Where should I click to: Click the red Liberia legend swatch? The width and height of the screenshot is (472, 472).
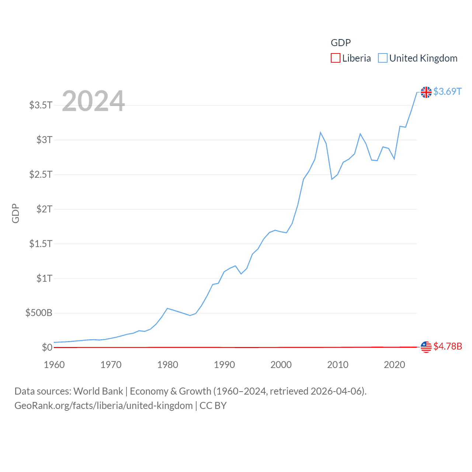click(335, 58)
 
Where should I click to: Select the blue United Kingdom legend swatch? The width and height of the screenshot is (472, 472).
click(383, 58)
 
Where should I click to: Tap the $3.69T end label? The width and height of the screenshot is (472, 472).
click(447, 91)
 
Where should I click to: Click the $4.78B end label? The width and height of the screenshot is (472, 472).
click(448, 346)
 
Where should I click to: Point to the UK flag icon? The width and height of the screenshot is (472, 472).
click(426, 92)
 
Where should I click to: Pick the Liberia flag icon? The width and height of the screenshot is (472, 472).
click(426, 347)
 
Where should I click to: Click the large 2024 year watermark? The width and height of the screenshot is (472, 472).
click(93, 101)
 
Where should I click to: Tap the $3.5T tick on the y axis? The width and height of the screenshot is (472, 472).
click(41, 105)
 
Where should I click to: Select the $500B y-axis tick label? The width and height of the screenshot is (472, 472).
click(39, 313)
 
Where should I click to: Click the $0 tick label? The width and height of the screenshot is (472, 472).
click(47, 347)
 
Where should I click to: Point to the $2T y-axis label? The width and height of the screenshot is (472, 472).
click(44, 209)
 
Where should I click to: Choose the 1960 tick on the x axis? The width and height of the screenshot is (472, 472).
click(54, 365)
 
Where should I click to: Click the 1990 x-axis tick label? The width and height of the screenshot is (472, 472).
click(224, 365)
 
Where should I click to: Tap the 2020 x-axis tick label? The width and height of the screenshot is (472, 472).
click(394, 365)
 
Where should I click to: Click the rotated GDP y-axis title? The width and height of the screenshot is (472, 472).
click(15, 213)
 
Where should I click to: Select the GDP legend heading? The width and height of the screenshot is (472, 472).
click(340, 43)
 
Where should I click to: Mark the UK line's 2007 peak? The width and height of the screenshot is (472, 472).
click(320, 132)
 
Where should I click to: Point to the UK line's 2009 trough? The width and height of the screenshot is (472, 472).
click(332, 179)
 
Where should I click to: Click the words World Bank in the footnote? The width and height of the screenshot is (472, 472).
click(98, 391)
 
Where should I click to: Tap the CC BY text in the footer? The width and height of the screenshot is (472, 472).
click(213, 406)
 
